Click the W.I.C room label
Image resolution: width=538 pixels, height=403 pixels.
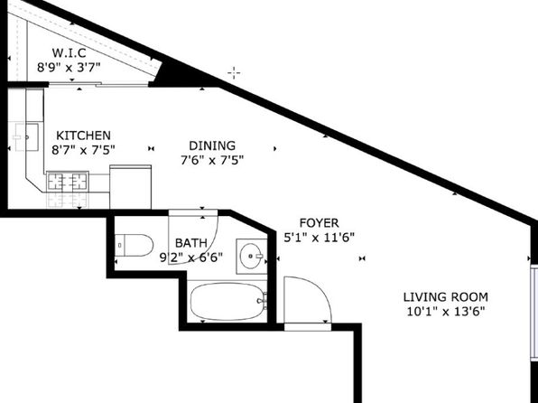[69, 53]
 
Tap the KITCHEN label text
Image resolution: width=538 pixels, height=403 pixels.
[83, 136]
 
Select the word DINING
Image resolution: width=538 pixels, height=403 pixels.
[212, 145]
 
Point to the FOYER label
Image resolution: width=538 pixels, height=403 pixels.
[319, 223]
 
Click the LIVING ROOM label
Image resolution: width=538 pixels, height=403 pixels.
[446, 297]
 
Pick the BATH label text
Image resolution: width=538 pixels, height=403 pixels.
[191, 243]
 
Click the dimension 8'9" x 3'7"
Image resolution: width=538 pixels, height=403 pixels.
[69, 67]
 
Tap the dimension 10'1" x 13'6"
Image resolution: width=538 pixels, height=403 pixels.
[446, 312]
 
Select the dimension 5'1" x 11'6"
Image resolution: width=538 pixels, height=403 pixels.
[319, 238]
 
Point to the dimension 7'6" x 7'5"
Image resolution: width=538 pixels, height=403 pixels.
[212, 160]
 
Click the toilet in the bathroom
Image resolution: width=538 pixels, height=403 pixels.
[134, 245]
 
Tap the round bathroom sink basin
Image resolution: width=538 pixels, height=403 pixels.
[252, 256]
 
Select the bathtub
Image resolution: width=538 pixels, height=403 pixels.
[227, 302]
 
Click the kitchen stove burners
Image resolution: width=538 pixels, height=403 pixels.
[67, 182]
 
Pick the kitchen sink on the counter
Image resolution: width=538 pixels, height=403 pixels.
[26, 137]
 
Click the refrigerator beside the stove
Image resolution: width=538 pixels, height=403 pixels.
[130, 187]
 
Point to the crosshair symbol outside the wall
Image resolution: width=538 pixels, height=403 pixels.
[234, 73]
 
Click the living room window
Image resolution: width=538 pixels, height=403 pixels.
[534, 313]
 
